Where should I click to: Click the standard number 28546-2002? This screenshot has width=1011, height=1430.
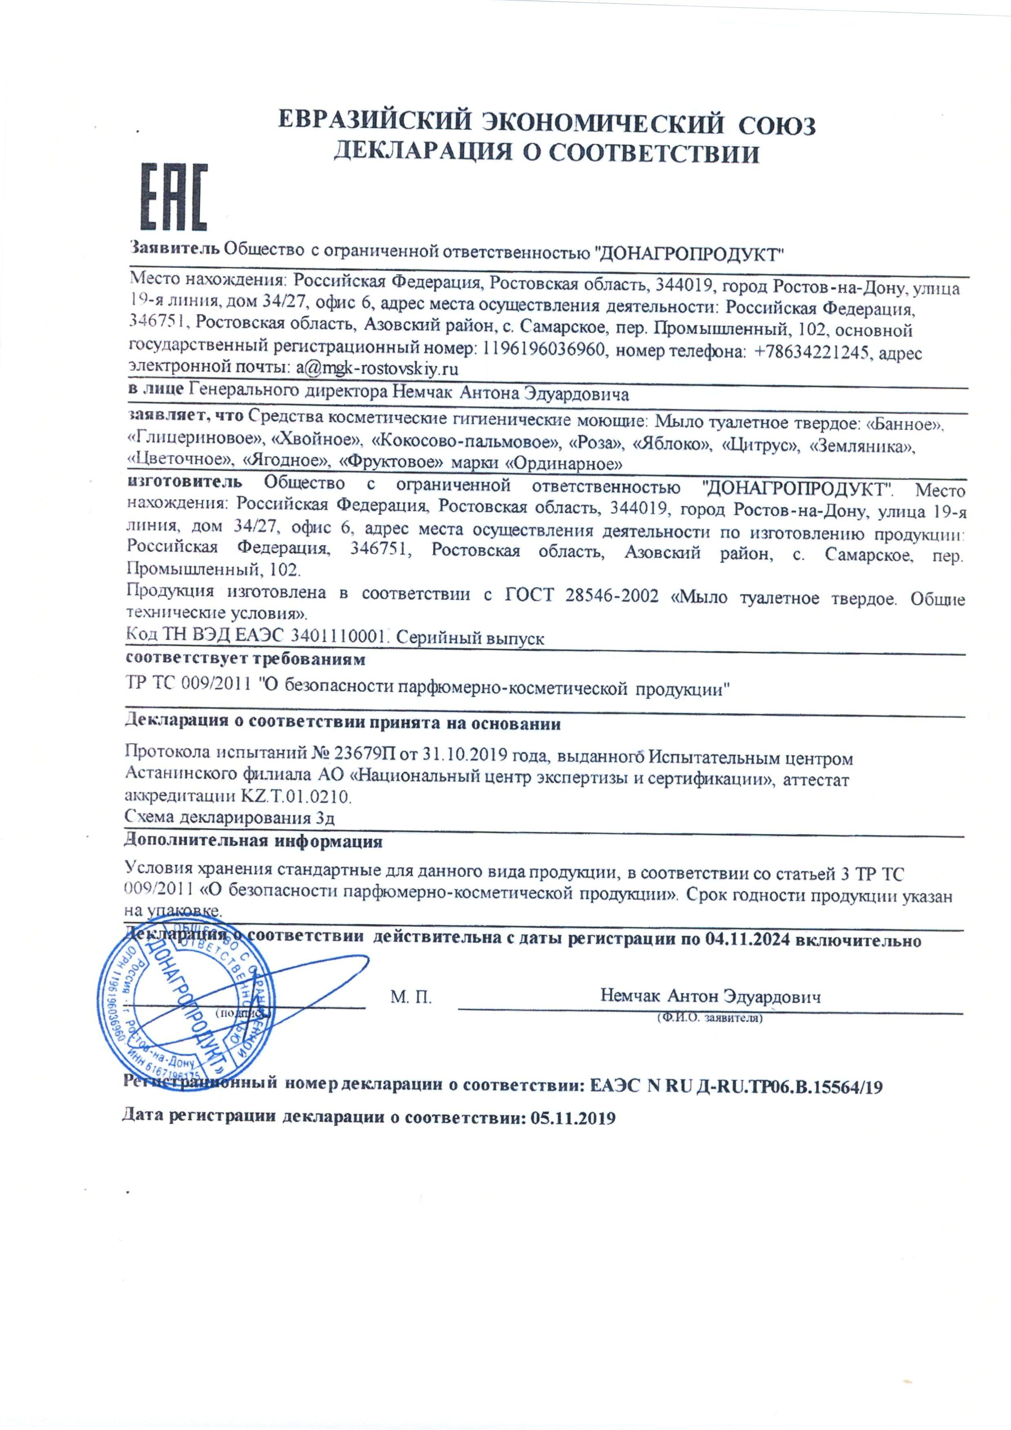coord(612,597)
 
